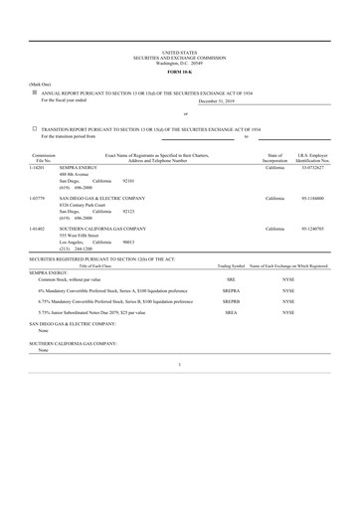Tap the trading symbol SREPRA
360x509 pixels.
pyautogui.click(x=231, y=290)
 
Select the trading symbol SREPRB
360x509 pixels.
pyautogui.click(x=231, y=301)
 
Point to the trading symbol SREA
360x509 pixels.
pyautogui.click(x=231, y=313)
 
